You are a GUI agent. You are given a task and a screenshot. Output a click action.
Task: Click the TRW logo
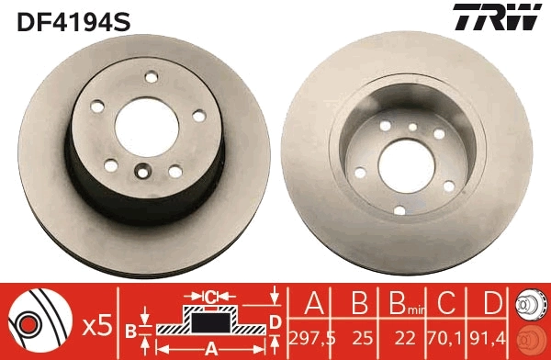[x=492, y=18]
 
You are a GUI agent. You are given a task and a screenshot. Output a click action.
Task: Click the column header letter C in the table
[x=445, y=305]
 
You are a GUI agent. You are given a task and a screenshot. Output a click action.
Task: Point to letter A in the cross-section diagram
[x=210, y=347]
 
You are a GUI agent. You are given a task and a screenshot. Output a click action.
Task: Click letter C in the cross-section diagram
[x=210, y=298]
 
